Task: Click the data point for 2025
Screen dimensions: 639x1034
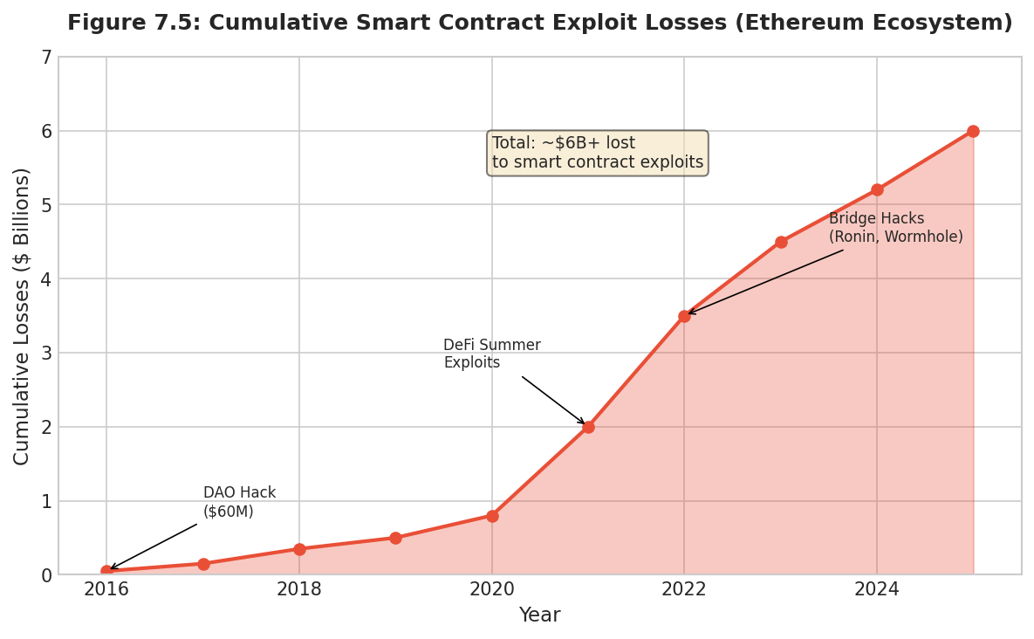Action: [x=973, y=131]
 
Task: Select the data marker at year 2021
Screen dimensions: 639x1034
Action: [x=588, y=427]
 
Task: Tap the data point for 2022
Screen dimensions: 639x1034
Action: [x=684, y=316]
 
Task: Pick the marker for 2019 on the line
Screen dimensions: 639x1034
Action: [x=395, y=538]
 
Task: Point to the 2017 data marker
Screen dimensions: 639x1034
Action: [x=203, y=564]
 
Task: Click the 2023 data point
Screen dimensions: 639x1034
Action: [x=781, y=242]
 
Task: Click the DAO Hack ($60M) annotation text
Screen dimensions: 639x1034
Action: [x=239, y=503]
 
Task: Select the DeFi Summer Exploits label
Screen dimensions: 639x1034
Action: [x=491, y=354]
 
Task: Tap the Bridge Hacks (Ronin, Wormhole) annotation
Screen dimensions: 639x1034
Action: [x=895, y=228]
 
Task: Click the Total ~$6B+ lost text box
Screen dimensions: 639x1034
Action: [x=597, y=153]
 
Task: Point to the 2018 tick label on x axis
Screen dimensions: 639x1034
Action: [x=299, y=589]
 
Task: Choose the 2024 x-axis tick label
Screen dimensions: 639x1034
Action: [x=877, y=589]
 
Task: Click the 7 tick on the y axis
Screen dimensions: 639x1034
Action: [x=46, y=58]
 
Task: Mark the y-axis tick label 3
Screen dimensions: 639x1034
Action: [x=46, y=354]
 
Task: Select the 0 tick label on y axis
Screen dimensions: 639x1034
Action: [x=46, y=575]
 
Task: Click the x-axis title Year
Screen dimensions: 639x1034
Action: [x=539, y=615]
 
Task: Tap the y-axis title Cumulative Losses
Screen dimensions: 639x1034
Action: [x=22, y=316]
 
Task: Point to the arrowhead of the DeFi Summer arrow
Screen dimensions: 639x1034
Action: [x=584, y=423]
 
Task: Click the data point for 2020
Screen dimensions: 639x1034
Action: [x=492, y=516]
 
